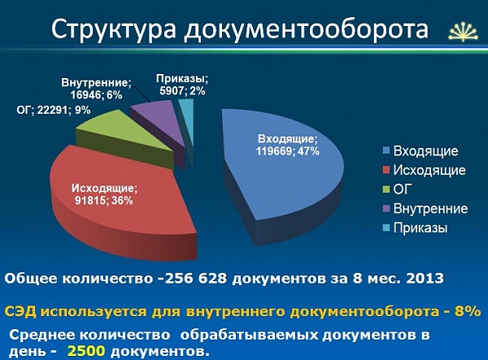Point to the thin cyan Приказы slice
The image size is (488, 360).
point(187,121)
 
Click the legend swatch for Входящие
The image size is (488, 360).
point(386,151)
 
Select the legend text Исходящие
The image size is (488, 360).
point(429,171)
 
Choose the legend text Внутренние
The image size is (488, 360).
point(430,208)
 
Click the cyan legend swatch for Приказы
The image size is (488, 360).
point(386,228)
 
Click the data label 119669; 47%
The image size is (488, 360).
point(288,151)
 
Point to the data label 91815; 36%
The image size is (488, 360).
point(104,201)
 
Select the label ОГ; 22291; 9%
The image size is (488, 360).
point(54,110)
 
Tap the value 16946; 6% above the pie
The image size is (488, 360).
point(96,95)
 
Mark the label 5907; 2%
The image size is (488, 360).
point(182,91)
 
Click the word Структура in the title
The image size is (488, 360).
point(114,29)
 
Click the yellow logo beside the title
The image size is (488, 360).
point(463,32)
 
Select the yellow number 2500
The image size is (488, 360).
point(86,351)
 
